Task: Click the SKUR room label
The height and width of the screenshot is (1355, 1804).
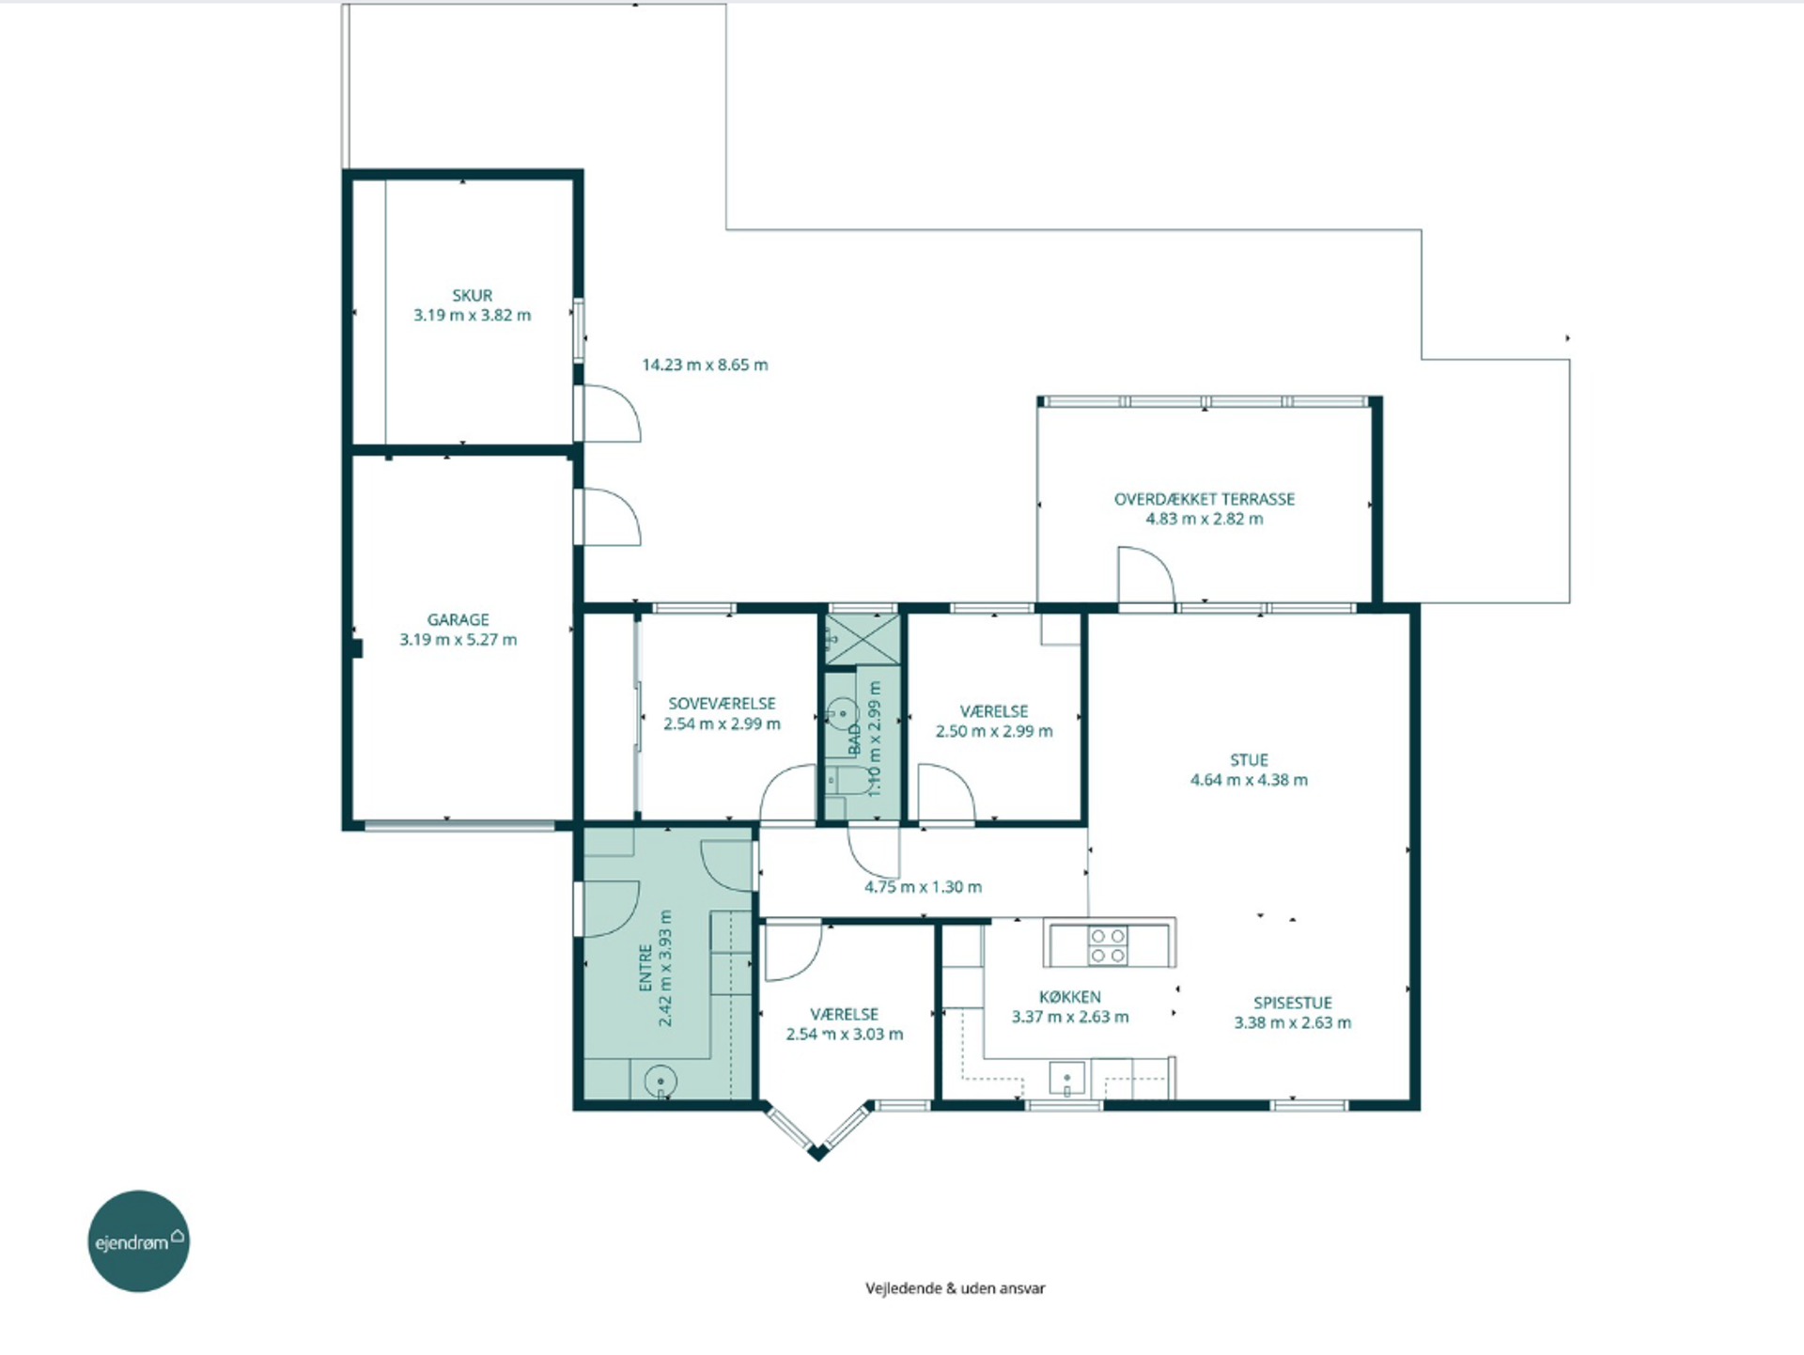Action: click(472, 295)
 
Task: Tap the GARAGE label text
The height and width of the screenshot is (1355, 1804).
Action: click(459, 619)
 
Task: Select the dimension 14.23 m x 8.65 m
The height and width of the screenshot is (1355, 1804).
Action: click(705, 365)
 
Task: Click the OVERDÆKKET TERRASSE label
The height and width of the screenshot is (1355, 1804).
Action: click(1205, 499)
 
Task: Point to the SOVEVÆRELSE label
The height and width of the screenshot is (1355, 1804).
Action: click(722, 703)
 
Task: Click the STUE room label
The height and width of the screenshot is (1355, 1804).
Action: click(1249, 759)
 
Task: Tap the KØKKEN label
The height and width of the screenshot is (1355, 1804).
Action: click(1070, 996)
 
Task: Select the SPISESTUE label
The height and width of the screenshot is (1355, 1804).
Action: click(1293, 1003)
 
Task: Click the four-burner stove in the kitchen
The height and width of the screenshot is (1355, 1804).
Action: click(1108, 945)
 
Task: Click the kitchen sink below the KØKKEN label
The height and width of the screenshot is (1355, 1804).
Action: click(1067, 1079)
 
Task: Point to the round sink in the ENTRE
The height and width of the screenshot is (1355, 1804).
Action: click(661, 1081)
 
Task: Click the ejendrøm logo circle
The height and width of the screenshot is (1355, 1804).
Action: click(139, 1241)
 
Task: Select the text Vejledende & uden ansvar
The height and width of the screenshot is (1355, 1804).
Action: click(955, 1288)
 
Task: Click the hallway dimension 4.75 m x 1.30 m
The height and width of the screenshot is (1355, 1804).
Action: click(923, 886)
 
